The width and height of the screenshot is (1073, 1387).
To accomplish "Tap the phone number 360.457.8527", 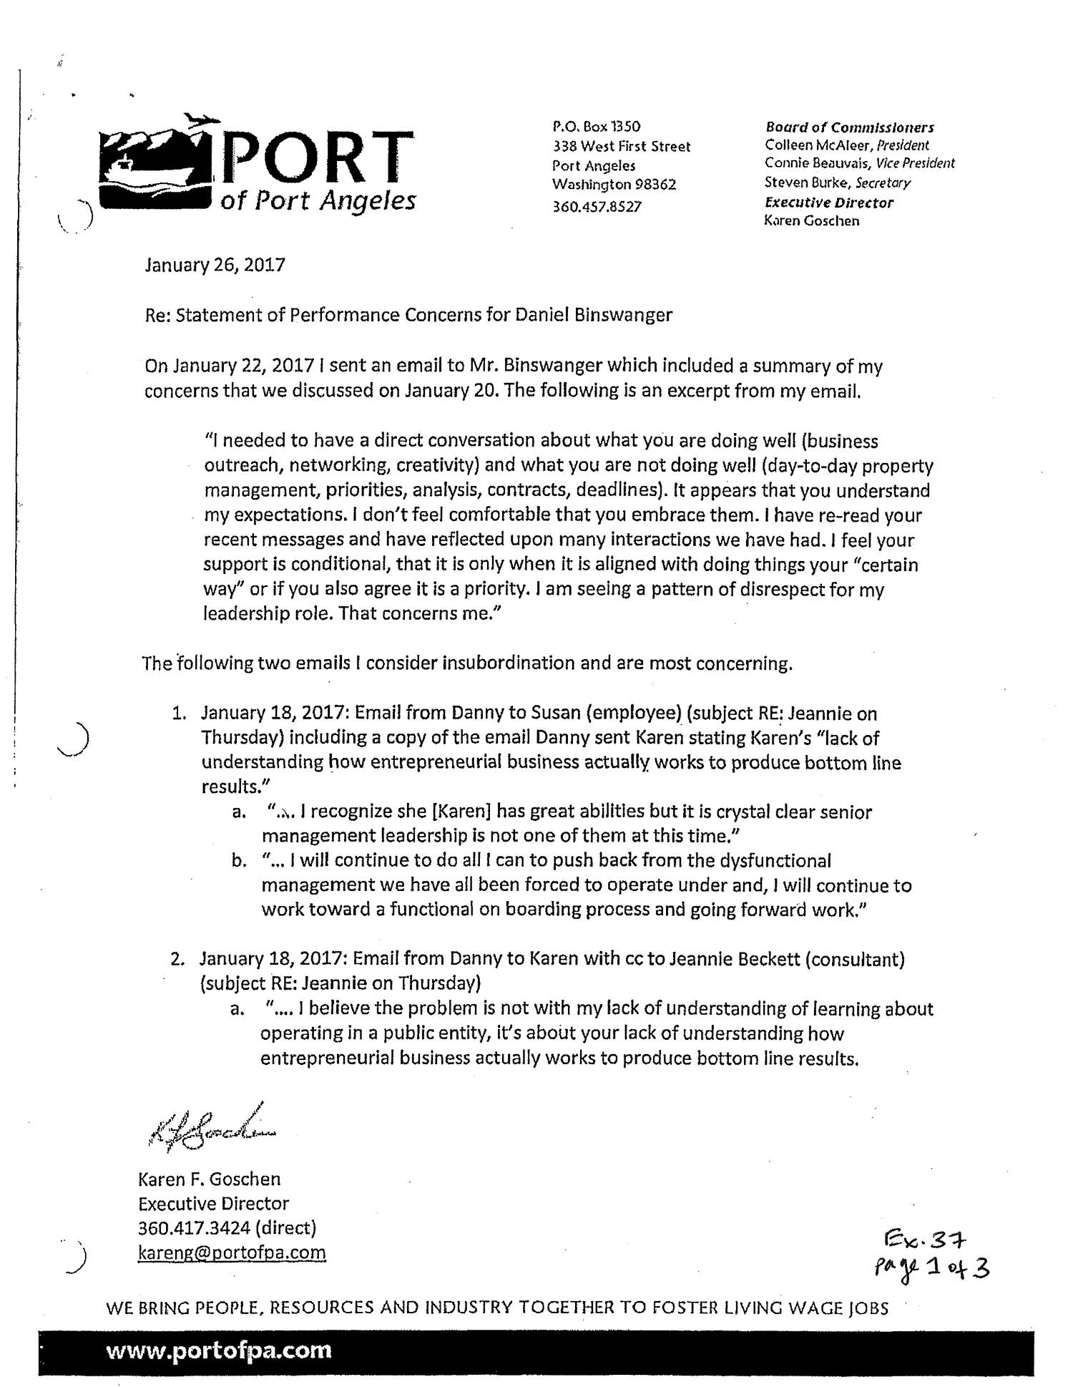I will (597, 206).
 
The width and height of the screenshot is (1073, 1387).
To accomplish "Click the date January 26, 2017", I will (215, 266).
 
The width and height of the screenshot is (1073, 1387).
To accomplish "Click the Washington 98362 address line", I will (614, 184).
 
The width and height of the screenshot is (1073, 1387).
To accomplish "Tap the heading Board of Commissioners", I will (850, 127).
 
